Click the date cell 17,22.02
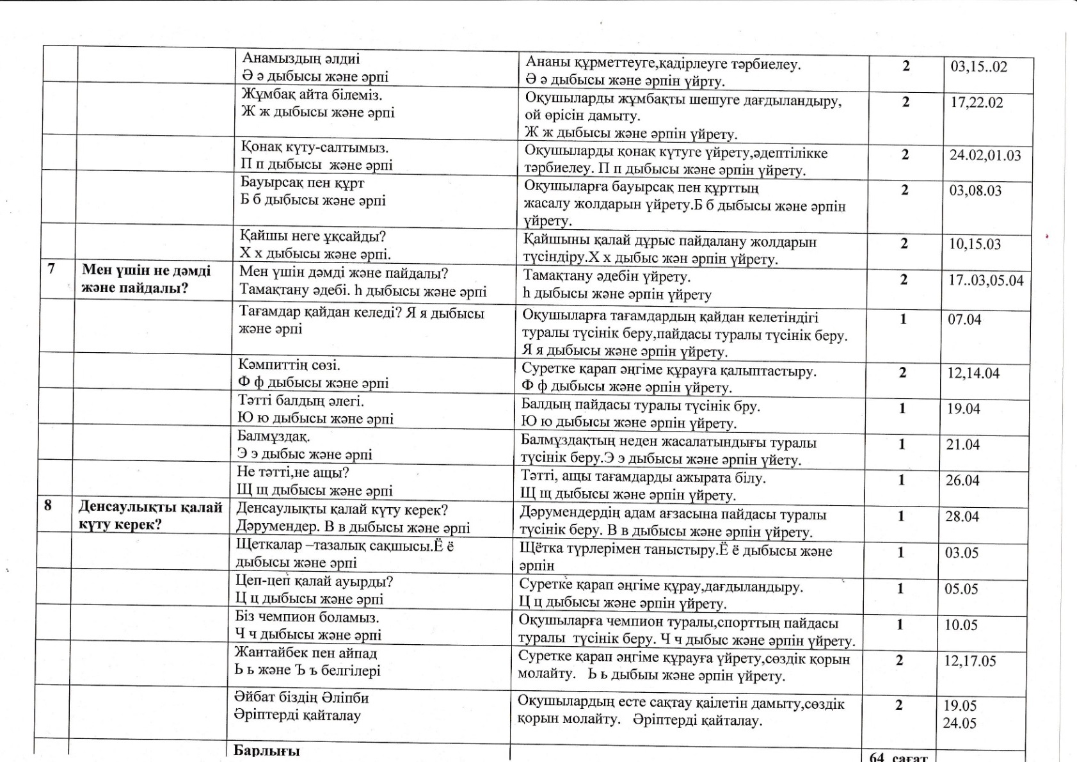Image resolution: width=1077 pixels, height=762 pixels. point(977,103)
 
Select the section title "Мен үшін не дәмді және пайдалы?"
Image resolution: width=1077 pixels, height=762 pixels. point(146,279)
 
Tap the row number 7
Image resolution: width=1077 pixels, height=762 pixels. point(52,269)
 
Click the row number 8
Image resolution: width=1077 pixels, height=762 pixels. point(48,505)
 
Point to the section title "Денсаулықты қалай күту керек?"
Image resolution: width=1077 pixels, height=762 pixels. point(150,515)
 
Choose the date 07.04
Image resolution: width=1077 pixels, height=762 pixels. point(964,320)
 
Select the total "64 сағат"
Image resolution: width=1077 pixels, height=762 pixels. point(898,757)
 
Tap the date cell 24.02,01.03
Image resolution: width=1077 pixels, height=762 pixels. point(985,156)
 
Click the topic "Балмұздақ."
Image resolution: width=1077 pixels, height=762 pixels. point(274,437)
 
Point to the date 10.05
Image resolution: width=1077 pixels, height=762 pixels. point(961,625)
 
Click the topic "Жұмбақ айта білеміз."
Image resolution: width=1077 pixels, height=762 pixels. point(311,95)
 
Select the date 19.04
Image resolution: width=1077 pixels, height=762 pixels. point(963,409)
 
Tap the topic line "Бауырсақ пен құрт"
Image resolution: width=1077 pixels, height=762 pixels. point(302,182)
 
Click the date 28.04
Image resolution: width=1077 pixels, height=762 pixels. point(962,516)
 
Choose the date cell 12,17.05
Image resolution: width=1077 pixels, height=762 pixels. point(969,661)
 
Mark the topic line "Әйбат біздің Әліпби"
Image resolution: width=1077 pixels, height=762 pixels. point(301,697)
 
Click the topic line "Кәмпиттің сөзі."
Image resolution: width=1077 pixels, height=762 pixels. point(289,366)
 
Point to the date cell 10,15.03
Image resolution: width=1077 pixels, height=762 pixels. point(975,244)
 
